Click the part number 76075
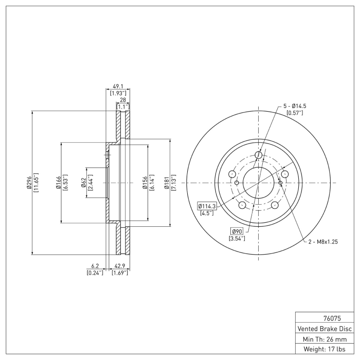[325, 317]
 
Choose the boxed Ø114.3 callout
[207, 206]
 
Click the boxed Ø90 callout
[237, 231]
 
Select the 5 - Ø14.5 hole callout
[295, 106]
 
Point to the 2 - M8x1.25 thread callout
[323, 242]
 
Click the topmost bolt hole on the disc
[259, 155]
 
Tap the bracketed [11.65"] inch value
[36, 182]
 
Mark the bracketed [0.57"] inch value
[295, 113]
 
